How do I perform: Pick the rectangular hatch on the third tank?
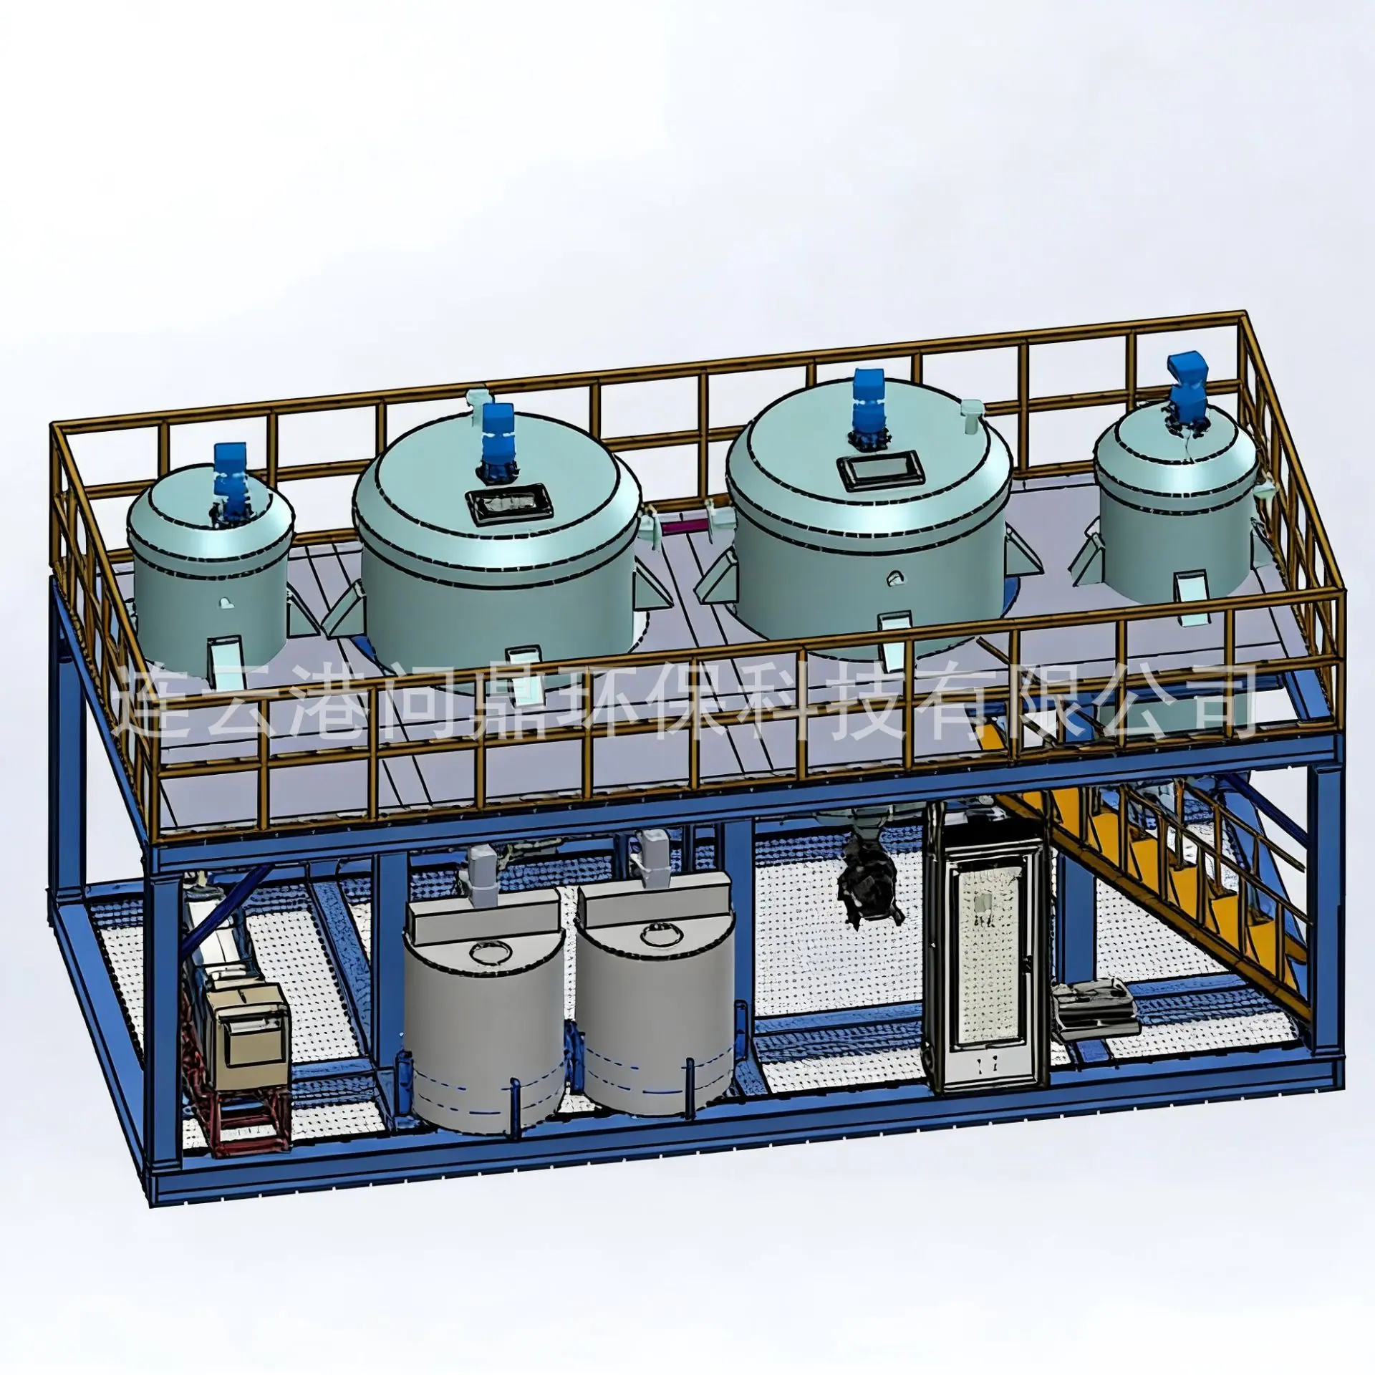click(877, 472)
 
